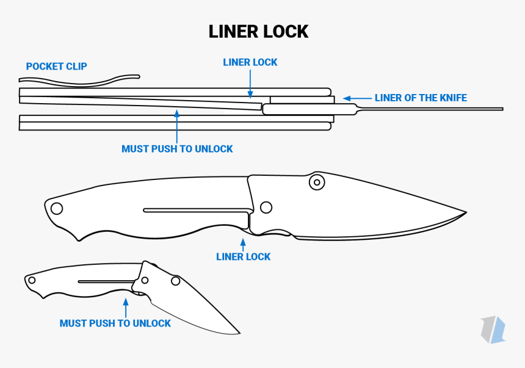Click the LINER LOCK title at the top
pos(258,31)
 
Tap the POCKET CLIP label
pos(56,66)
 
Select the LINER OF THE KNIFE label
pos(421,98)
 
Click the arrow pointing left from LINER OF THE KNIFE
pos(357,98)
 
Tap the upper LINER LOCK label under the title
pos(250,62)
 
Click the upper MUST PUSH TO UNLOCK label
pos(177,148)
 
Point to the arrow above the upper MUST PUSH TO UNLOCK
pos(176,126)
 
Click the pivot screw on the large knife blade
pos(316,181)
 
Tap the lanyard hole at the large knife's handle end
pos(57,208)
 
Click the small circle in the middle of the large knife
pos(266,207)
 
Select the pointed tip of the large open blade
pos(465,213)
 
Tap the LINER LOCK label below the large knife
pos(243,257)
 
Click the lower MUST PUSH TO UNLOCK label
pos(115,323)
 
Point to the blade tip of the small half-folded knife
pos(239,333)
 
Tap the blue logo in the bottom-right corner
pos(493,330)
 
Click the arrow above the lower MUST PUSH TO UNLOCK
pos(126,307)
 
